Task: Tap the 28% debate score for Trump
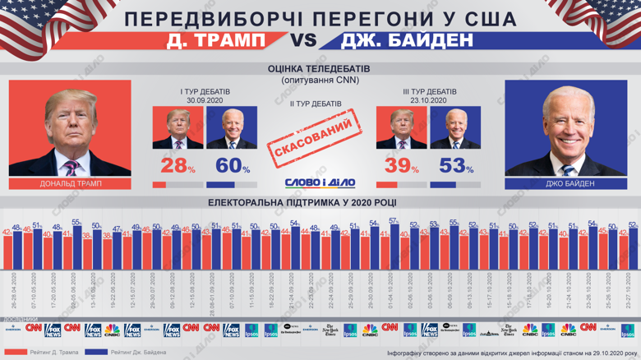[x=175, y=164]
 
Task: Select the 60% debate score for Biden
[x=233, y=164]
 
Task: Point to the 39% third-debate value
[x=400, y=164]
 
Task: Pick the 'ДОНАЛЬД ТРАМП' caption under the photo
[x=71, y=184]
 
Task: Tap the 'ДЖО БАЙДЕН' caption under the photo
[x=571, y=184]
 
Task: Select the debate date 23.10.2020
[x=429, y=99]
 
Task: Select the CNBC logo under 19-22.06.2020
[x=112, y=330]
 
